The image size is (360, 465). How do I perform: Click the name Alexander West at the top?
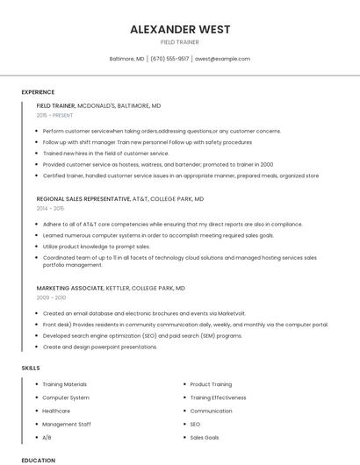[x=180, y=29]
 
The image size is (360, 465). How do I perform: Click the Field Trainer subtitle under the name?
[x=180, y=42]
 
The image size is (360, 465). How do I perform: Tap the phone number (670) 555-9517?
[x=169, y=59]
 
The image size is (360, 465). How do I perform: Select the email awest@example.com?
[x=222, y=59]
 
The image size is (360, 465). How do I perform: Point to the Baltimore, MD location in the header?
[x=126, y=59]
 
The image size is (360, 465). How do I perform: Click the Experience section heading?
[x=38, y=92]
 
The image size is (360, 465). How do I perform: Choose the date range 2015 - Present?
[x=54, y=115]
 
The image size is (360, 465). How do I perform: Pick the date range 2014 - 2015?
[x=50, y=209]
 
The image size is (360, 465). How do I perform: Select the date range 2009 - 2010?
[x=50, y=297]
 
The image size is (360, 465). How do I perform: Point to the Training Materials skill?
[x=65, y=384]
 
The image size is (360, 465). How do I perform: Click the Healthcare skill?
[x=56, y=411]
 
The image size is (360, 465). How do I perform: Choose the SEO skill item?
[x=196, y=424]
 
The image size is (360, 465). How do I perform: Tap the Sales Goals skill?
[x=205, y=437]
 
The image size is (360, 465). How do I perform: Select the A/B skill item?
[x=47, y=437]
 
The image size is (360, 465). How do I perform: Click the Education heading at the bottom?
[x=38, y=460]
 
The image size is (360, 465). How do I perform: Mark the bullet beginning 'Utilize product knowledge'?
[x=90, y=247]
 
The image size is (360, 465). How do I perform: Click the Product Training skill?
[x=211, y=384]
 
